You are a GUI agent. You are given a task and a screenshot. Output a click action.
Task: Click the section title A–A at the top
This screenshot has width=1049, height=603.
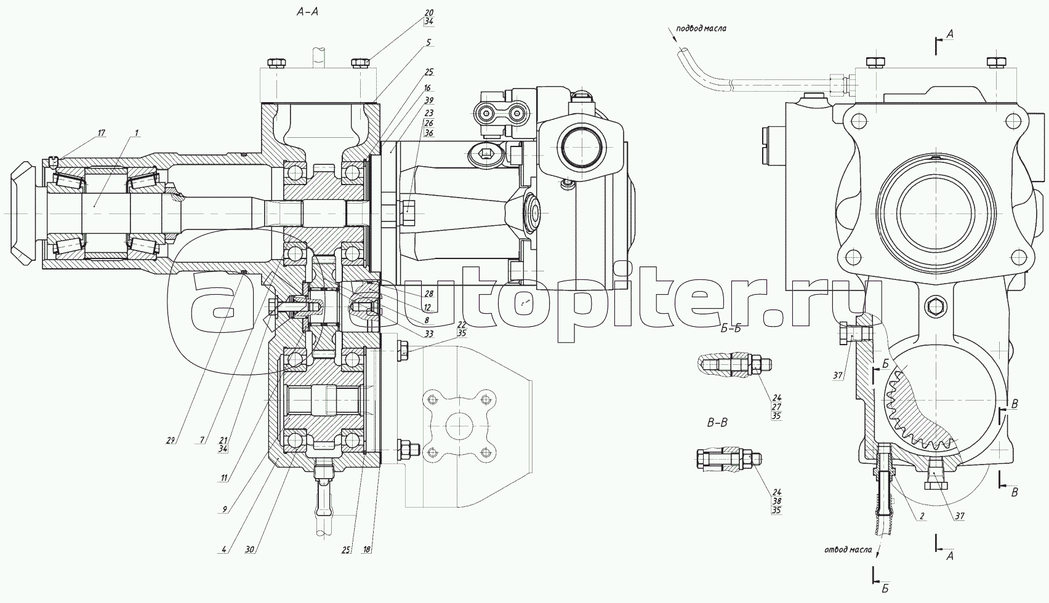click(x=307, y=12)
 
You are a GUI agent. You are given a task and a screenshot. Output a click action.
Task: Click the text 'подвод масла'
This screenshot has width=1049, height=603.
click(x=702, y=28)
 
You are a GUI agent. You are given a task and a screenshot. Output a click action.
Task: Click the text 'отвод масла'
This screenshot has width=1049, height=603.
click(x=848, y=549)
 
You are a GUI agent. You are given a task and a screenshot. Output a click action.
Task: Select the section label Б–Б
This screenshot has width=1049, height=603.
click(x=731, y=328)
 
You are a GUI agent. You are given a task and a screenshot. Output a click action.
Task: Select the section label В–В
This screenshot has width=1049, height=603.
click(x=717, y=423)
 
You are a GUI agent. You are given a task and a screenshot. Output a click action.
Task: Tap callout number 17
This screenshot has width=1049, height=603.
click(x=101, y=133)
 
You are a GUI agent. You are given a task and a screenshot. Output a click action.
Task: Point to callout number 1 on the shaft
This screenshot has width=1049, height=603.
click(x=136, y=133)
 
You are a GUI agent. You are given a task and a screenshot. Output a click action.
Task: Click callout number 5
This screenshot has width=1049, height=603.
click(x=428, y=42)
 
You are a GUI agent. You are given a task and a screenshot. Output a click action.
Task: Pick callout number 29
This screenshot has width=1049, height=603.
click(x=171, y=440)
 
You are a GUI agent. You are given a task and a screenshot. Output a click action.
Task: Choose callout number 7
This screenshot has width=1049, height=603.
click(x=202, y=440)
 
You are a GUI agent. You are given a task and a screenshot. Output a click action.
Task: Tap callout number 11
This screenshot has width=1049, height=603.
click(x=224, y=478)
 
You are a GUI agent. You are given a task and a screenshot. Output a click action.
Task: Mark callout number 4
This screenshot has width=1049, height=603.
click(x=224, y=549)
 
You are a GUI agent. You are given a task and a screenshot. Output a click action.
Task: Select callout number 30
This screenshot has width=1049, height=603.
click(x=249, y=549)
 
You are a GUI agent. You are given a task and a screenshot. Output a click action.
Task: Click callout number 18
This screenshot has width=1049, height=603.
click(x=367, y=549)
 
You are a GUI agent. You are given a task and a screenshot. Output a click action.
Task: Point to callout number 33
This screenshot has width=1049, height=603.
click(x=428, y=333)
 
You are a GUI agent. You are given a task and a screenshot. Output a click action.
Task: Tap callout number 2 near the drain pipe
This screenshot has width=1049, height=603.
click(x=922, y=516)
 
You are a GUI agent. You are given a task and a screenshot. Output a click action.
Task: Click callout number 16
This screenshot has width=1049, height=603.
click(x=427, y=88)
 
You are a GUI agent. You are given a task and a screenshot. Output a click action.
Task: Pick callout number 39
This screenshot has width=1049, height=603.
click(x=428, y=100)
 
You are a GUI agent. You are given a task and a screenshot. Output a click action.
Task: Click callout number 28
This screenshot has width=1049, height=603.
click(x=428, y=294)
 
